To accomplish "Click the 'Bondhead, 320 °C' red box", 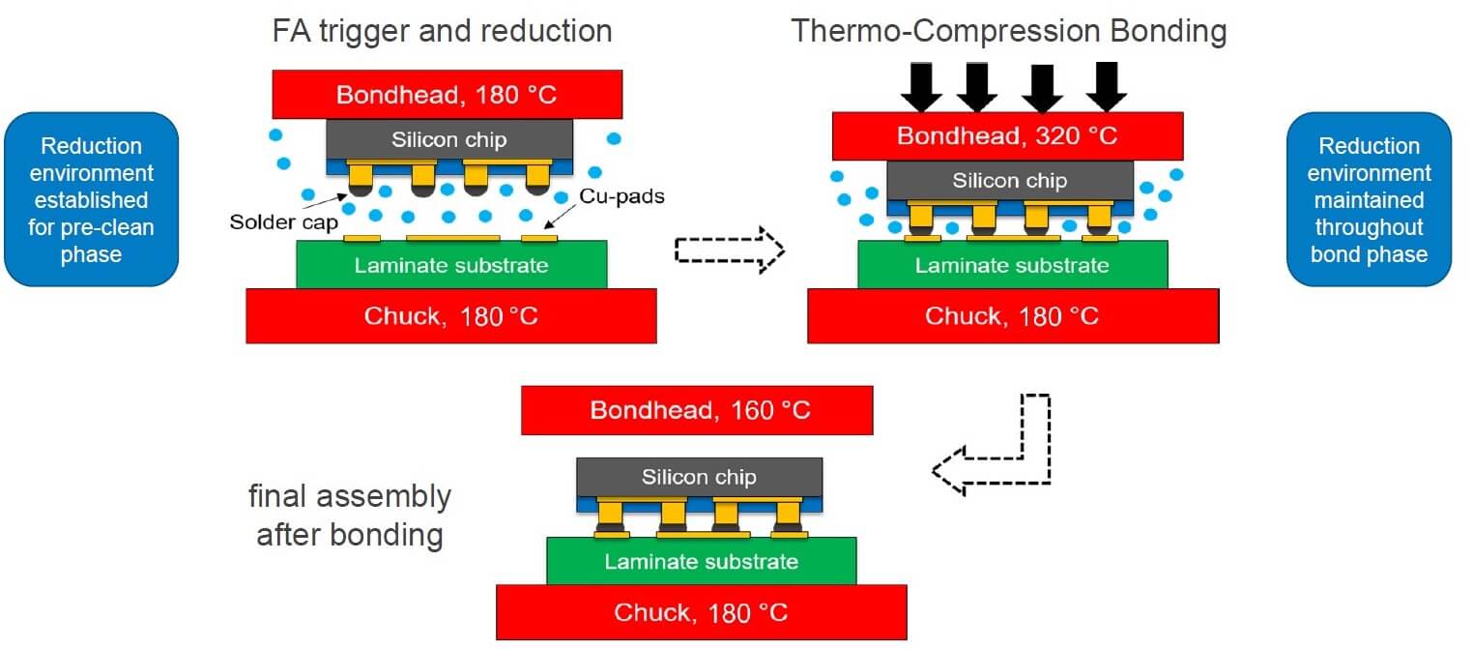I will (1007, 136).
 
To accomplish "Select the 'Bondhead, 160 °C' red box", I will (697, 410).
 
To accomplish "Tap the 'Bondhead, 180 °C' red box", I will (448, 95).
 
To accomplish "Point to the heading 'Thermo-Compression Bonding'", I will (1009, 31).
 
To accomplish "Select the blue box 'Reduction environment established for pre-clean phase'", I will (91, 199).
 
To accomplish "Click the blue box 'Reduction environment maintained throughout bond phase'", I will (1369, 199).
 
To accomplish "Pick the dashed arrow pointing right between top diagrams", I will (728, 251).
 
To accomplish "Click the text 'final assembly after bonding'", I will (349, 516).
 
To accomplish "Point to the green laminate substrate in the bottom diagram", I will (701, 562).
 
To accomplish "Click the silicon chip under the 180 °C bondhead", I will (449, 139).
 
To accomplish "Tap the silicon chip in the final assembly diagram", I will (699, 477).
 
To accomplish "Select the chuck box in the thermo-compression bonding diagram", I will (1012, 316).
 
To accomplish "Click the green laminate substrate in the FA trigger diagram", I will (451, 265).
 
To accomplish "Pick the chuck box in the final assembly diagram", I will (701, 612).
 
